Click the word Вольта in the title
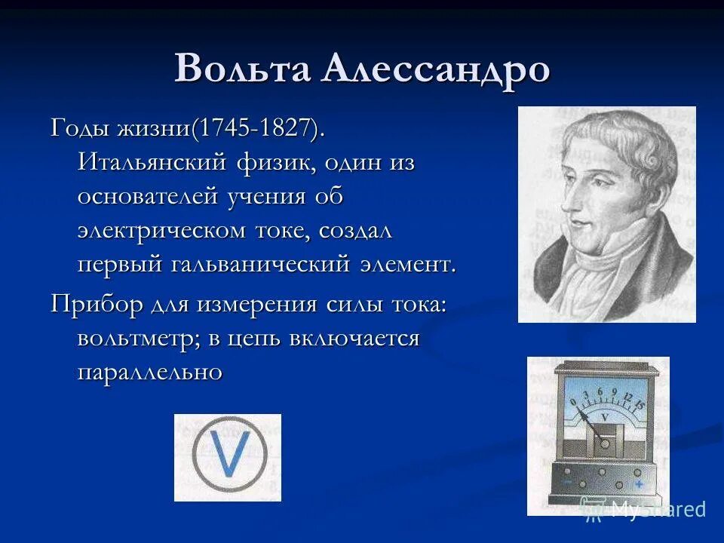[x=241, y=69]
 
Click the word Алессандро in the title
[x=436, y=69]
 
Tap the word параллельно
[x=149, y=372]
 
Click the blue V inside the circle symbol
[x=229, y=458]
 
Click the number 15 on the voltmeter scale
[x=641, y=406]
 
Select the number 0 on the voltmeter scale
[x=572, y=401]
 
